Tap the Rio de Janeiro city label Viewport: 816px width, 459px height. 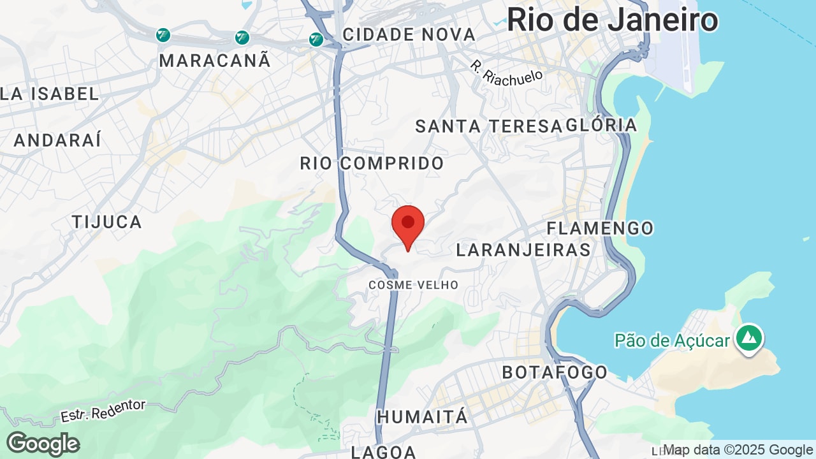pos(612,20)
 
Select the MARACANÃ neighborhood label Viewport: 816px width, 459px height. pos(215,61)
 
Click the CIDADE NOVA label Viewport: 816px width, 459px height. pos(409,34)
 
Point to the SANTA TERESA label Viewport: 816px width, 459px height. pos(488,126)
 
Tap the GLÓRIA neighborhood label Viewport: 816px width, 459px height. pos(602,125)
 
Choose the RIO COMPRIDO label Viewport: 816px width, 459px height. pos(372,163)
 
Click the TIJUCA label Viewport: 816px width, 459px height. pos(106,222)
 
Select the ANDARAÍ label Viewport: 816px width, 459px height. pos(57,140)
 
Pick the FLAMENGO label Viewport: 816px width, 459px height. pos(600,228)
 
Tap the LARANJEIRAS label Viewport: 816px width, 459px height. pos(523,250)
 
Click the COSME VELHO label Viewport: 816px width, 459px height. pos(413,285)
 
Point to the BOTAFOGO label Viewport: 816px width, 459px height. pos(555,372)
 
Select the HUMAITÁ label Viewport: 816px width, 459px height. pos(423,417)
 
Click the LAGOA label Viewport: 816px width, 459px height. pos(383,452)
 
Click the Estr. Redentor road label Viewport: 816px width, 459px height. pos(103,411)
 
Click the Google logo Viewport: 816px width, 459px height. pos(43,444)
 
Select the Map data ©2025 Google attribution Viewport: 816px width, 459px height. pos(738,450)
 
